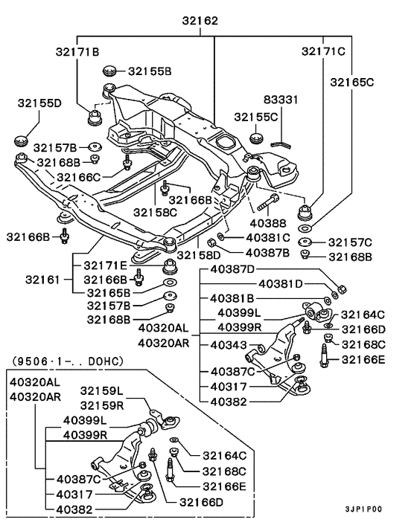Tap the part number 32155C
[255, 117]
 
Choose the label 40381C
[261, 239]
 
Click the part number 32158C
[156, 213]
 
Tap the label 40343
[228, 344]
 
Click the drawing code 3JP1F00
[363, 509]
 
